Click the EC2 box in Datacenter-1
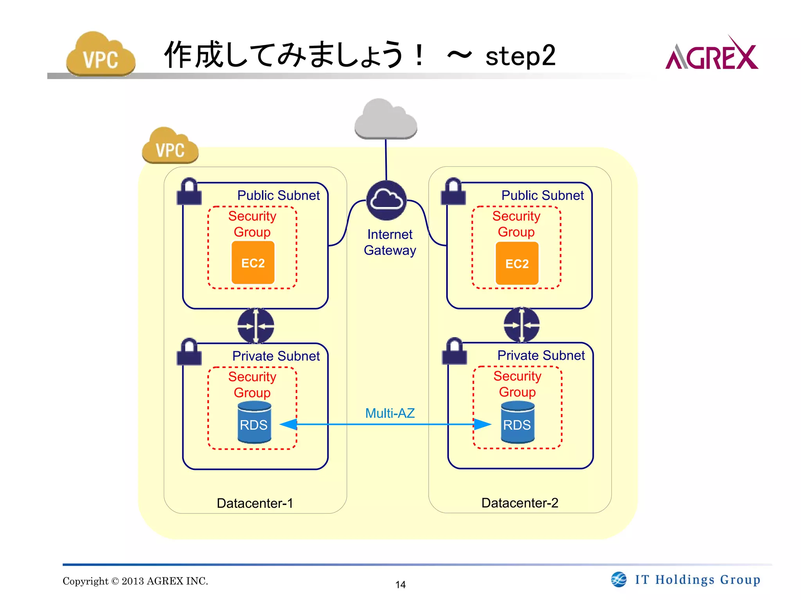253,262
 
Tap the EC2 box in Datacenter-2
517,263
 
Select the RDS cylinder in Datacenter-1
254,423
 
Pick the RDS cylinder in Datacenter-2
517,423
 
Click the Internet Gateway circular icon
386,200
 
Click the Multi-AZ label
390,413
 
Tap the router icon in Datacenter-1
255,326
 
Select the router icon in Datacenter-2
521,325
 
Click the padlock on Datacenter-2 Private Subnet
454,351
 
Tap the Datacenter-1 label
255,503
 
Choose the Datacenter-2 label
519,503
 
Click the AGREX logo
711,55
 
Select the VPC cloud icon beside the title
101,55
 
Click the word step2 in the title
520,55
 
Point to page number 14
400,584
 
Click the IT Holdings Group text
697,580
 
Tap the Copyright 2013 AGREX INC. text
135,581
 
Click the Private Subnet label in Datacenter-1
276,356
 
